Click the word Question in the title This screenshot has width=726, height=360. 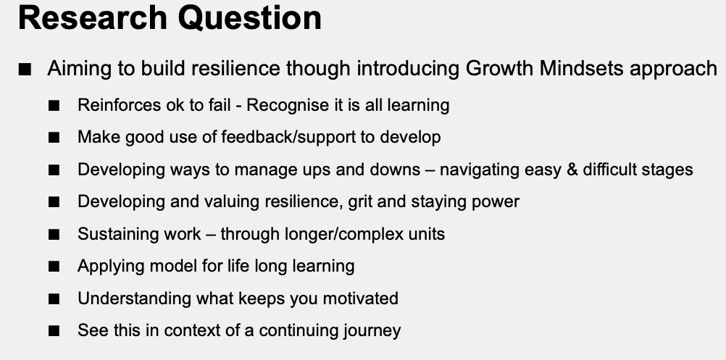click(x=249, y=19)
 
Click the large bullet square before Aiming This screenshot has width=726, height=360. click(x=25, y=70)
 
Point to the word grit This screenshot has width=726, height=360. click(x=360, y=202)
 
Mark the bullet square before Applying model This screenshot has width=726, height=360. click(x=54, y=267)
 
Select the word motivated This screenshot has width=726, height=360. click(x=360, y=298)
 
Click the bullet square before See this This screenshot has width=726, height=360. click(x=54, y=331)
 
